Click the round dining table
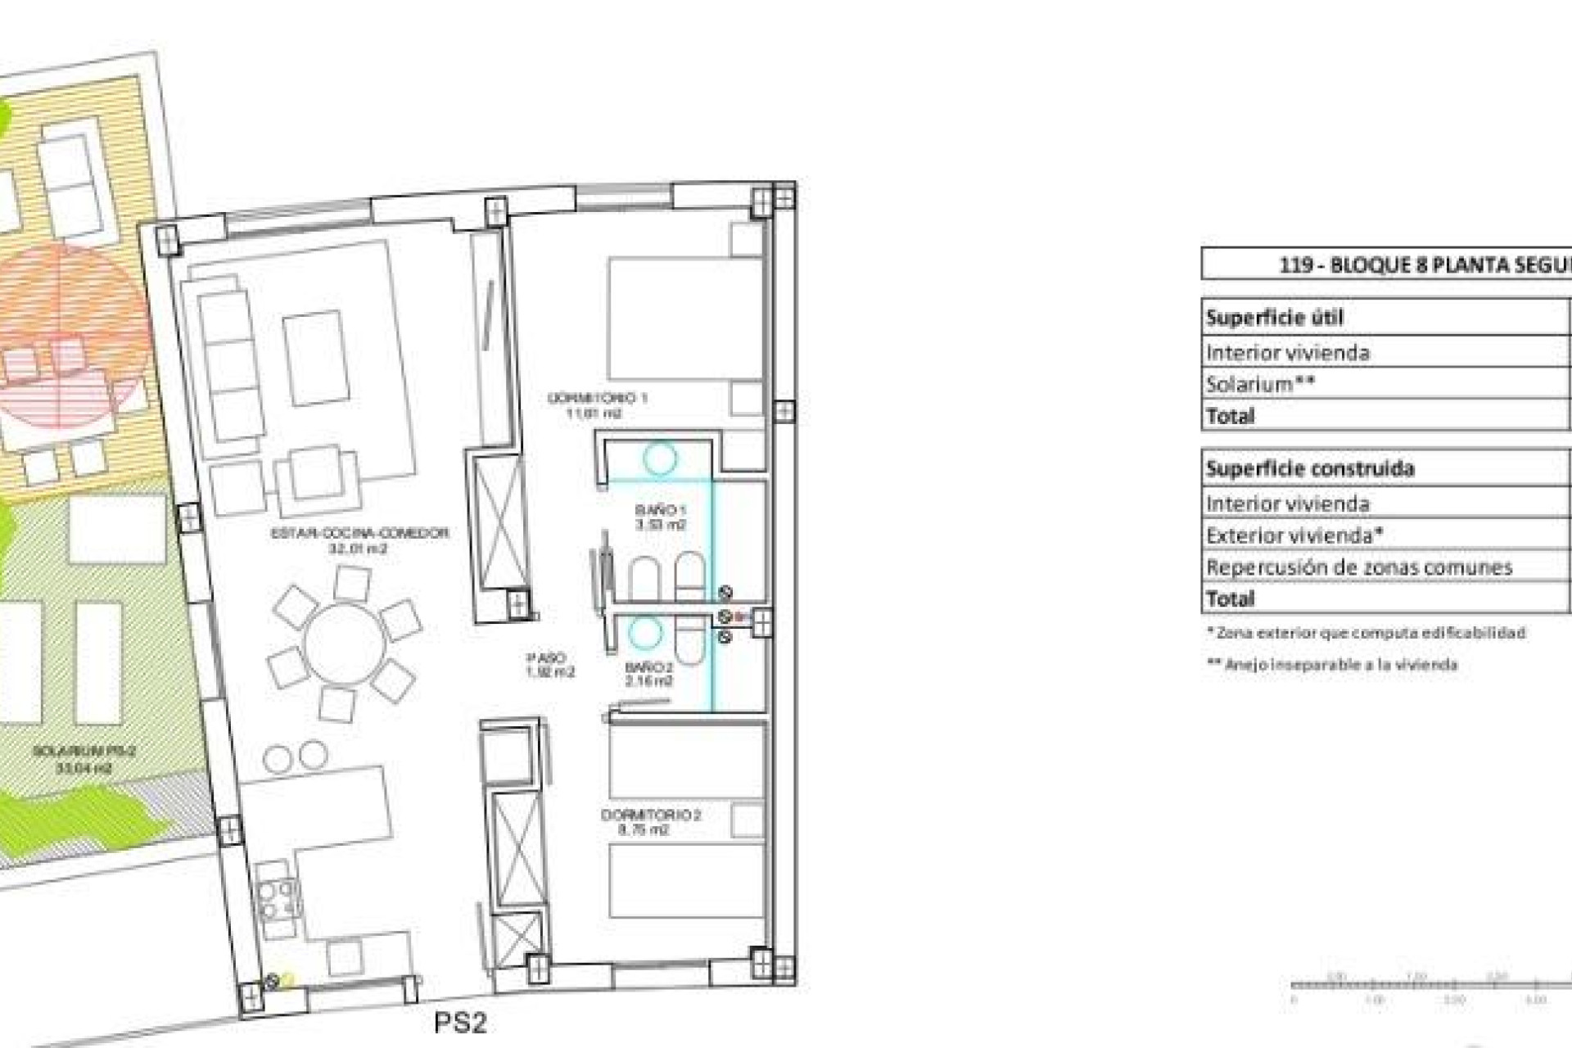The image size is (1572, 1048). coord(343,643)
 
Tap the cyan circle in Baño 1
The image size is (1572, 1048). coord(659,458)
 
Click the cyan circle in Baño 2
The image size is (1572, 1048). coord(645,633)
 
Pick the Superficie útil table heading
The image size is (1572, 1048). coord(1274,318)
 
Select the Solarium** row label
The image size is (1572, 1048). coord(1260,384)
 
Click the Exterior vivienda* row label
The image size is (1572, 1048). coord(1294,535)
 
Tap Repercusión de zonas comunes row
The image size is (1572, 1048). coord(1358,567)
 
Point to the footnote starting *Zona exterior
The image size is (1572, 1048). coord(1366,633)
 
